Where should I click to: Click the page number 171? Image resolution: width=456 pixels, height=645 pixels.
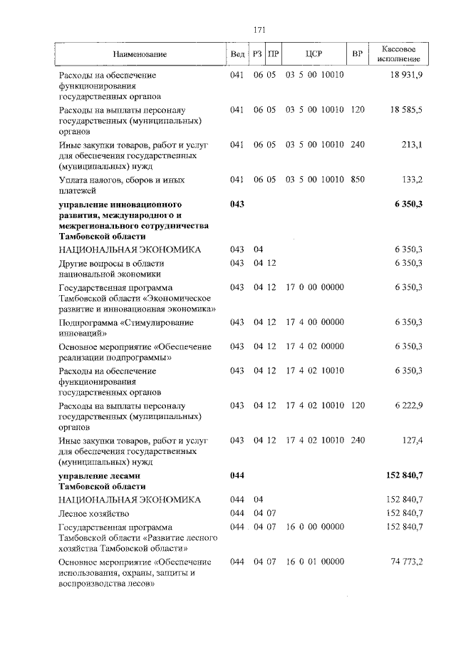(x=259, y=29)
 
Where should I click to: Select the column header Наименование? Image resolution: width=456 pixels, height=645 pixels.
(x=139, y=54)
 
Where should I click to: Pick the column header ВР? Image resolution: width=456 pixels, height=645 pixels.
(x=358, y=54)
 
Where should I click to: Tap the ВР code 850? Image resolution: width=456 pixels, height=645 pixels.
(x=358, y=180)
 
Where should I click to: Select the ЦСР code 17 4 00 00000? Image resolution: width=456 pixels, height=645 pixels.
(x=314, y=322)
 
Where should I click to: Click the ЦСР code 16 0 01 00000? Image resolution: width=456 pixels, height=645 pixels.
(x=314, y=562)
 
